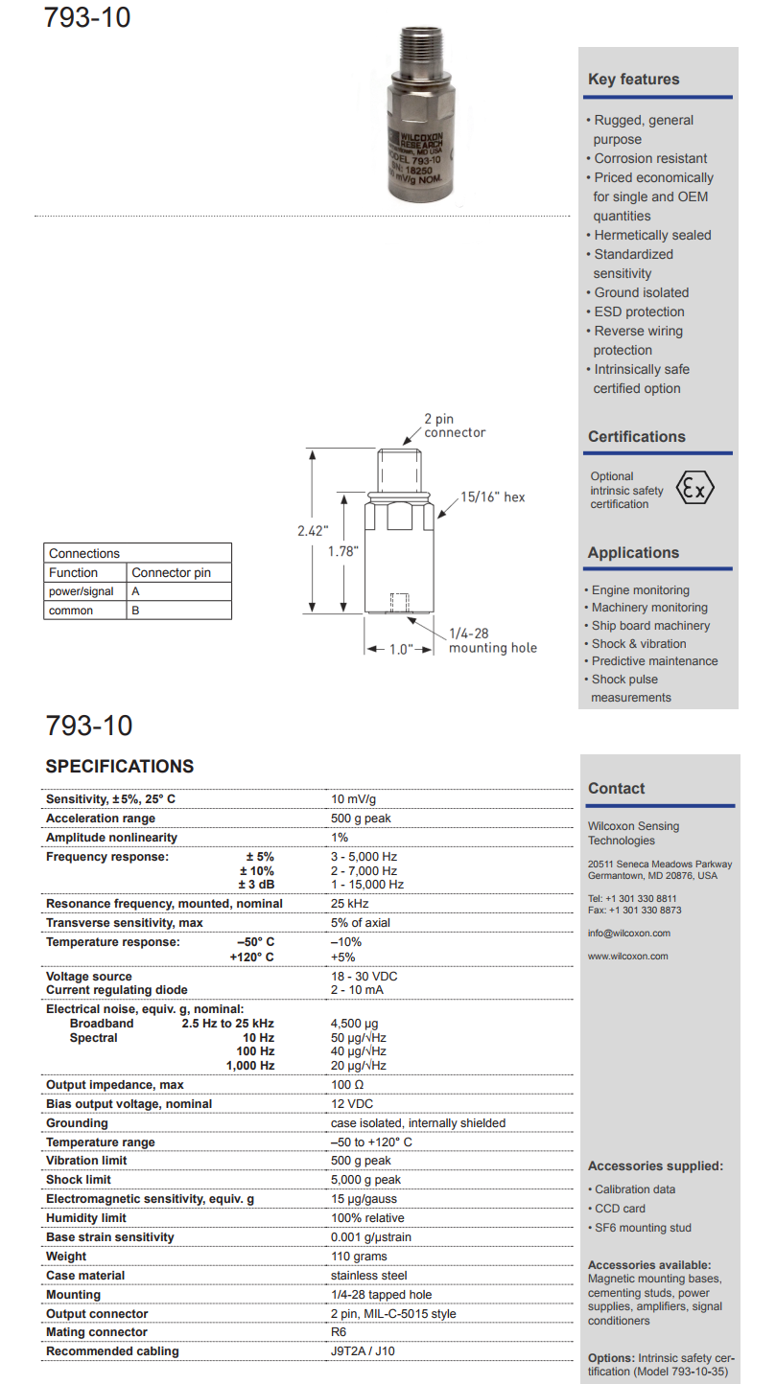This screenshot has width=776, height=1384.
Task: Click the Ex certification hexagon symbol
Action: [695, 488]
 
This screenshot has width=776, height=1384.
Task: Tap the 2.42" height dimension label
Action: [313, 529]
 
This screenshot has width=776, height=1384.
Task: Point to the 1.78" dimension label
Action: [341, 551]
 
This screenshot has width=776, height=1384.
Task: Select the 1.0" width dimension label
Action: [400, 649]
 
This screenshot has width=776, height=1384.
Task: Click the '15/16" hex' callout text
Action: [492, 497]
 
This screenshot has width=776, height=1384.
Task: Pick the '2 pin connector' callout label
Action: [456, 426]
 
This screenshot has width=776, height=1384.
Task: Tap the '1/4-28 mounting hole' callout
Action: [493, 640]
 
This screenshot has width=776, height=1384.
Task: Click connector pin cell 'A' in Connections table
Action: [135, 591]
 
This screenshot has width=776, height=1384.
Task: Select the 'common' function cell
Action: [71, 610]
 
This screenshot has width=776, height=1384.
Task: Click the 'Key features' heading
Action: [633, 80]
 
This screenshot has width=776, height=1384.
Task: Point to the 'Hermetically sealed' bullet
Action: [652, 235]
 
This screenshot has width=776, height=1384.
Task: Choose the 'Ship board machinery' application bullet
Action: [650, 626]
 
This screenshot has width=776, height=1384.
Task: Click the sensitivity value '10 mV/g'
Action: [354, 799]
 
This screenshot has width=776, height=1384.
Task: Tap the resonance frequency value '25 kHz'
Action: [350, 903]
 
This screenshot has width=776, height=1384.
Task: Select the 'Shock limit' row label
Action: [79, 1180]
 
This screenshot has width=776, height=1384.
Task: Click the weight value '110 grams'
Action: [359, 1257]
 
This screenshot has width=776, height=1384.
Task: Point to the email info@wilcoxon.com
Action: [629, 933]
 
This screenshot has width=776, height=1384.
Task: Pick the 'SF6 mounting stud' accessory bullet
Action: [643, 1228]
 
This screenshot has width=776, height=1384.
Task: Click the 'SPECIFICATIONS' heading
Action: [120, 767]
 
